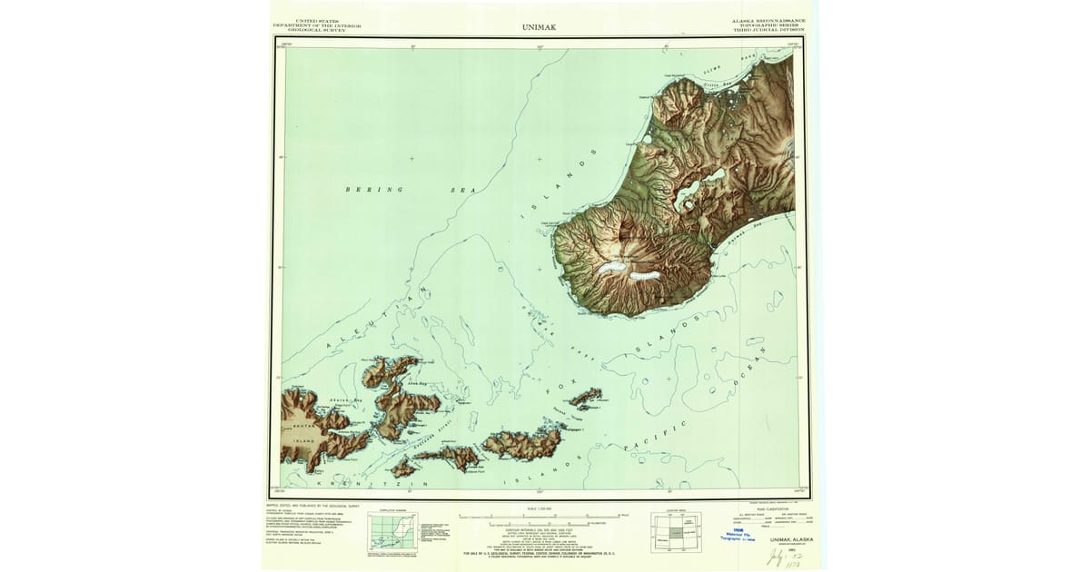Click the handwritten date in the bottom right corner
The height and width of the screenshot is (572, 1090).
pyautogui.click(x=777, y=555)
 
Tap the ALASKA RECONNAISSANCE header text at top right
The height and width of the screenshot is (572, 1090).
pyautogui.click(x=768, y=19)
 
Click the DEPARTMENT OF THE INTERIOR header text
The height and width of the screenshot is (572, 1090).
pyautogui.click(x=317, y=24)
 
